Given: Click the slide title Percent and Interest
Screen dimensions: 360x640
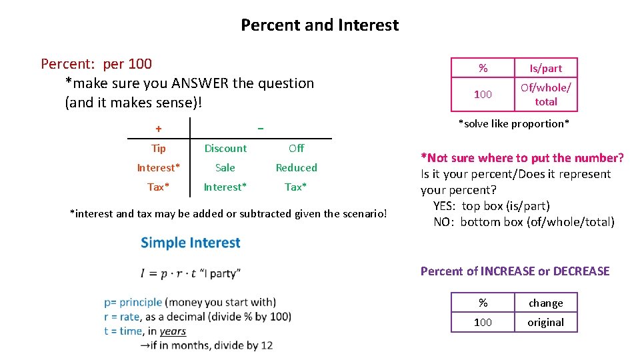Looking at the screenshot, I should pyautogui.click(x=319, y=25).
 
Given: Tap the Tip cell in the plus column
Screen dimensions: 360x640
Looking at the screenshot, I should pyautogui.click(x=159, y=149).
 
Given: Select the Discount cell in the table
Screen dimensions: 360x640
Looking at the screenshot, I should pyautogui.click(x=225, y=149).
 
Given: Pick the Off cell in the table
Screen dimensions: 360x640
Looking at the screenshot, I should pyautogui.click(x=297, y=149).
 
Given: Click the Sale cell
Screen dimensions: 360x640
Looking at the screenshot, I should pyautogui.click(x=225, y=168).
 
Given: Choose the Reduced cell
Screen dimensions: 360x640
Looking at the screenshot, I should pyautogui.click(x=297, y=168).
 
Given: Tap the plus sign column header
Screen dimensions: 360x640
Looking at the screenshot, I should pyautogui.click(x=158, y=128).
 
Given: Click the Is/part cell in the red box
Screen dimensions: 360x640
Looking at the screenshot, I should pyautogui.click(x=545, y=68).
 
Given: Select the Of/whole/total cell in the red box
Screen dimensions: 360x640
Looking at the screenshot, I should pyautogui.click(x=545, y=95).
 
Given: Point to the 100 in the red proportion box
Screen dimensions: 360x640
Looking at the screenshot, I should pyautogui.click(x=483, y=95).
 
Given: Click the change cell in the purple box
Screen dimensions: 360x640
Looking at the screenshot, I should pyautogui.click(x=545, y=303).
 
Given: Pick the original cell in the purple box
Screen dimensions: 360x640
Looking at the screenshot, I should pyautogui.click(x=545, y=323).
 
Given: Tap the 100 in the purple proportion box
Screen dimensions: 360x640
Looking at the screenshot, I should pyautogui.click(x=483, y=323).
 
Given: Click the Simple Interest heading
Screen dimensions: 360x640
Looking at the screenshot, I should pyautogui.click(x=191, y=243).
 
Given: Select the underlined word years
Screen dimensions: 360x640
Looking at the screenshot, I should pyautogui.click(x=173, y=331).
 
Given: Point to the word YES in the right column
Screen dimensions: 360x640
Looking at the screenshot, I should pyautogui.click(x=445, y=206).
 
